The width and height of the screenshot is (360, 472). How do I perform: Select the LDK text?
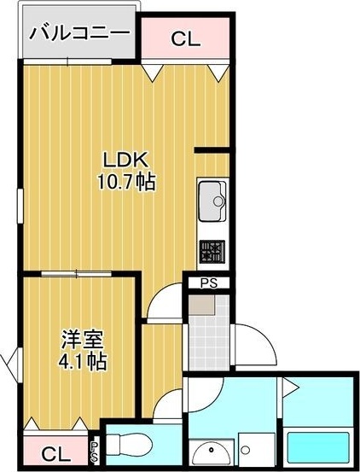pyautogui.click(x=126, y=160)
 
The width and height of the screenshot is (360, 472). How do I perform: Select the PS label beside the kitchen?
pyautogui.click(x=208, y=283)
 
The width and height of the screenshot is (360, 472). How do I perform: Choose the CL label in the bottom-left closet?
pyautogui.click(x=55, y=453)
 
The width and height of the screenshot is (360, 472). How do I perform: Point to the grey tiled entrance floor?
pyautogui.click(x=208, y=341)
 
